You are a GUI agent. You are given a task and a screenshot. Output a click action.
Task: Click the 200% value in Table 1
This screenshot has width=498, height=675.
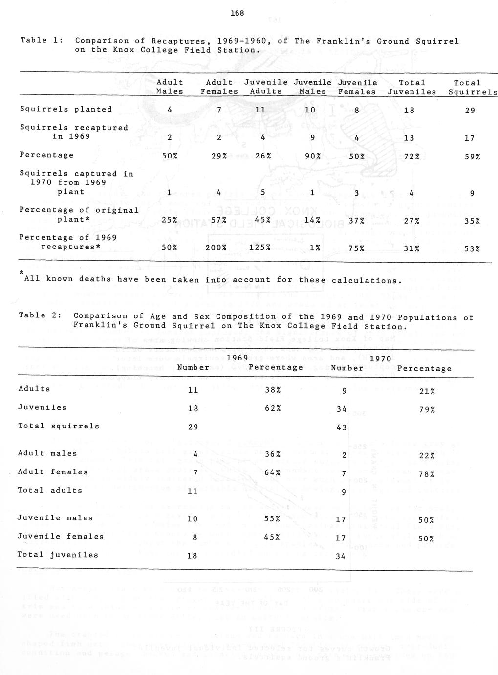click(x=216, y=248)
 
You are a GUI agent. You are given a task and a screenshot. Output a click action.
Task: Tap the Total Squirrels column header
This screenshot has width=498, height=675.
click(x=472, y=87)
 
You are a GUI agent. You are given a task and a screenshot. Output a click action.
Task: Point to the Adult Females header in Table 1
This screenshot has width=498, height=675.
click(x=219, y=87)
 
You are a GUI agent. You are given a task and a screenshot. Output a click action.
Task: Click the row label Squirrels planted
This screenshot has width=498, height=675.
click(x=66, y=109)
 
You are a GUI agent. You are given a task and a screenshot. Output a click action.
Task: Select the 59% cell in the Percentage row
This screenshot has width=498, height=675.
click(x=472, y=157)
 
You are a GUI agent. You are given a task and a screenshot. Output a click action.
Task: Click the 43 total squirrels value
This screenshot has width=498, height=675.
click(x=342, y=427)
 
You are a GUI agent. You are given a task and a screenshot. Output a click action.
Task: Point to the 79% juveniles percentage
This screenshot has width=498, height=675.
click(x=427, y=410)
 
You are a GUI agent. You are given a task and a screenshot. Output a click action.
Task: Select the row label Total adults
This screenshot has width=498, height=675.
click(x=50, y=490)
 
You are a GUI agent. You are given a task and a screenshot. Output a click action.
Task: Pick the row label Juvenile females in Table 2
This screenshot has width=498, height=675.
click(x=61, y=536)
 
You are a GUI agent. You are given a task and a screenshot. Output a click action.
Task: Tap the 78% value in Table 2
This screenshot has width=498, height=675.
click(x=427, y=474)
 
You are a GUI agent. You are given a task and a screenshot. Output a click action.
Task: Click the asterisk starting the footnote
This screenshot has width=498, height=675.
click(x=22, y=272)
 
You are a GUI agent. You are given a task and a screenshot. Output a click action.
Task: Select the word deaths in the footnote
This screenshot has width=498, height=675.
click(x=114, y=279)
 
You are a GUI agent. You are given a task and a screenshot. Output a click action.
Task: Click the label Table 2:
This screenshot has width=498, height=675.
click(x=39, y=315)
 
